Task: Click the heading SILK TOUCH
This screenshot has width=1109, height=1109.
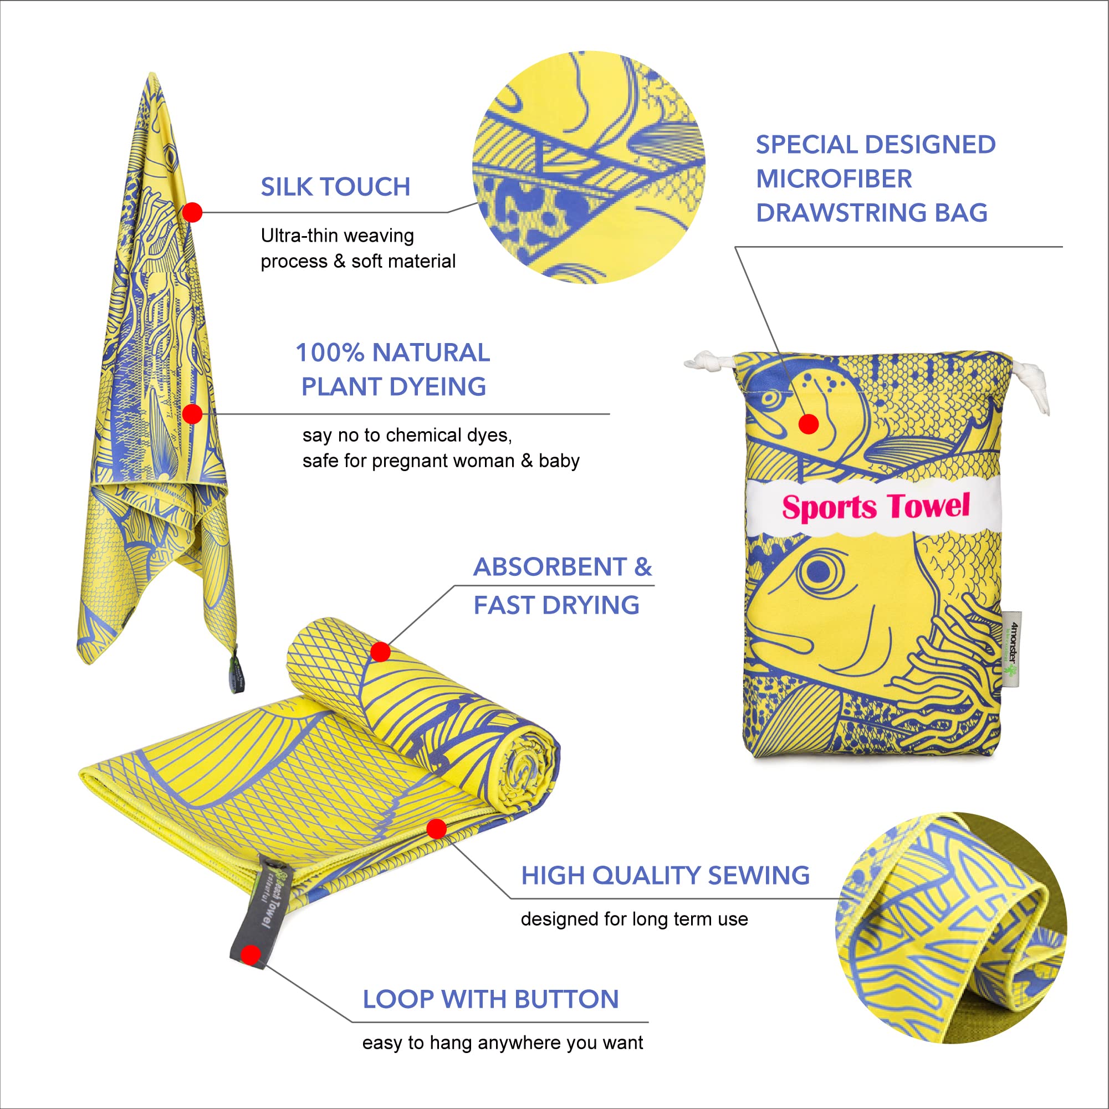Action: pos(335,187)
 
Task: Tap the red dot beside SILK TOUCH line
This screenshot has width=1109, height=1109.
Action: pos(192,212)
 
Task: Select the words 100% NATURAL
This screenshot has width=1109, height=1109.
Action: pos(392,352)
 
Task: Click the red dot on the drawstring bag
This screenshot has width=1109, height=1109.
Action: pos(808,424)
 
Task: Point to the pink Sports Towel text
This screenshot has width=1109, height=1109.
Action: pos(875,507)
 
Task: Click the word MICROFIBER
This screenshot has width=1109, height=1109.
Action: pos(834,179)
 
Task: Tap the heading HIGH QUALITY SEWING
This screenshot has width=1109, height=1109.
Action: pos(665,875)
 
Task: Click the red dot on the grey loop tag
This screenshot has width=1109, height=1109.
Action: pos(251,954)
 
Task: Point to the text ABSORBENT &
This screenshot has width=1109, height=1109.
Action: pos(562,567)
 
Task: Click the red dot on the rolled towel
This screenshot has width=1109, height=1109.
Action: pos(380,652)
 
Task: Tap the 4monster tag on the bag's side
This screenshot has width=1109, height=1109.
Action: pos(1013,648)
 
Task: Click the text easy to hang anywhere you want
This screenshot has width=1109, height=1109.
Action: pos(502,1042)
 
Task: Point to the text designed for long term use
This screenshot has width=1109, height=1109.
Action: pos(633,919)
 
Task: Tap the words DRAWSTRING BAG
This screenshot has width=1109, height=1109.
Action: pos(871,213)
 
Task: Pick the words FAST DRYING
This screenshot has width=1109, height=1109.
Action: pos(556,605)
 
